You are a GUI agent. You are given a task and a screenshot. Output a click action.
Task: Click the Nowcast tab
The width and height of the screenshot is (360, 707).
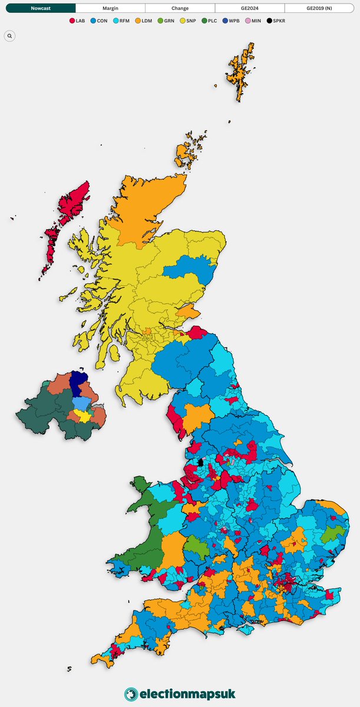point(41,8)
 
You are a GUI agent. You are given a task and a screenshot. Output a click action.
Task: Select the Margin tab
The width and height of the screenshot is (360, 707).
point(110,8)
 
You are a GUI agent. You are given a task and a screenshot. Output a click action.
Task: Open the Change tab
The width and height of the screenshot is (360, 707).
point(180,8)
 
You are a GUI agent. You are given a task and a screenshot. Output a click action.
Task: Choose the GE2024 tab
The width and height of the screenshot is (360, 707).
point(249,8)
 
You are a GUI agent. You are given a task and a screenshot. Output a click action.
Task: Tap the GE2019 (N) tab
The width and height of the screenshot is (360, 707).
point(319,8)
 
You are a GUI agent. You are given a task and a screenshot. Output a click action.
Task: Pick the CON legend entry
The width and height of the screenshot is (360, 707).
point(99,21)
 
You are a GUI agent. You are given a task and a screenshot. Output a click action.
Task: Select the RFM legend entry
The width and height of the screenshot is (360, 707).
point(121,21)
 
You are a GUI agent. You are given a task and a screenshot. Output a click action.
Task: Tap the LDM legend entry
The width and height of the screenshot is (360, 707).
point(143,21)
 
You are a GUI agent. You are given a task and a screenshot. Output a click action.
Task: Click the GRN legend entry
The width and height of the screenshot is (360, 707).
point(166,21)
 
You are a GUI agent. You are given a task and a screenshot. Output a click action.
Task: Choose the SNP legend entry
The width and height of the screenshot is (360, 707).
point(188,21)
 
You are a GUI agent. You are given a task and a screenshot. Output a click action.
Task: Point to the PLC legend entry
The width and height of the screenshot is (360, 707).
point(210,21)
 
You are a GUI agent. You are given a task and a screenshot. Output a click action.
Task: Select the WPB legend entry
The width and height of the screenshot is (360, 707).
point(232,21)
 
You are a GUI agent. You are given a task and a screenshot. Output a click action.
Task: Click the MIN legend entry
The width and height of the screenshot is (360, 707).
point(254,21)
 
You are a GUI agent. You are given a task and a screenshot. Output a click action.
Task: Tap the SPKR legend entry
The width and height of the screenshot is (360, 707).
point(277,21)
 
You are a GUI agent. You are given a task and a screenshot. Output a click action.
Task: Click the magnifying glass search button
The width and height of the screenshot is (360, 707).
point(9,36)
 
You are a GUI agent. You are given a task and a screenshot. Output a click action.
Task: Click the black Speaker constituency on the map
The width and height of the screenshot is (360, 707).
point(200,462)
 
